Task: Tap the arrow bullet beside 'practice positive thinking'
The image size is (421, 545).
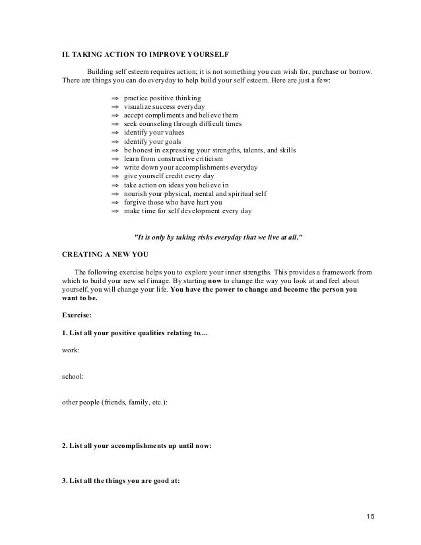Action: [115, 98]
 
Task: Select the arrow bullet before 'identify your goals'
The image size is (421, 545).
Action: [115, 141]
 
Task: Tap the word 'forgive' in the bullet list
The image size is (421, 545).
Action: [136, 203]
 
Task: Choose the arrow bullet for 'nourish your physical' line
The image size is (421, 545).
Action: [115, 194]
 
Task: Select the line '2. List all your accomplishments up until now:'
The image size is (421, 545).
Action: [136, 445]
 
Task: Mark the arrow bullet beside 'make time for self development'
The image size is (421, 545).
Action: [115, 211]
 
